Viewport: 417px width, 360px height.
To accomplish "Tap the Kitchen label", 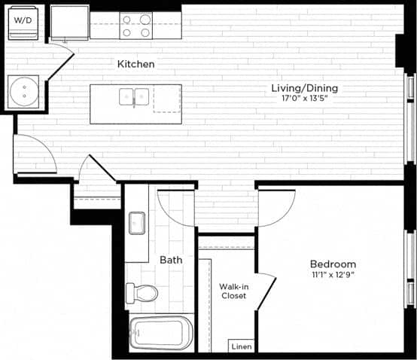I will point(135,64).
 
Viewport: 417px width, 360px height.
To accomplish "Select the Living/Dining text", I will point(304,88).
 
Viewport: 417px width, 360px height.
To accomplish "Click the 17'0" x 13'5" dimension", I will point(304,99).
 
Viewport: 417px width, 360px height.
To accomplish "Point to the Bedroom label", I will point(333,264).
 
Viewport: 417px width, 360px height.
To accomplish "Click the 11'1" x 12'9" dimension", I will point(333,275).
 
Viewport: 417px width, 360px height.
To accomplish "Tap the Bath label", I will point(171,260).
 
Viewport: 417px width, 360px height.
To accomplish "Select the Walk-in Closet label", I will point(233,291).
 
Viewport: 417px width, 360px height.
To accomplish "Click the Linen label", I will point(241,347).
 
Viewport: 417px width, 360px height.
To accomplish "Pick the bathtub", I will point(160,332).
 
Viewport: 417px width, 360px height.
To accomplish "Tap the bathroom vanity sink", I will point(137,223).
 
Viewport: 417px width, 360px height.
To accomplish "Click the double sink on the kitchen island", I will point(133,96).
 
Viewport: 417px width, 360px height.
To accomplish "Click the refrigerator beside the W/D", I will point(68,23).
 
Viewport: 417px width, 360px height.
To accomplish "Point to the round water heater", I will point(25,93).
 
